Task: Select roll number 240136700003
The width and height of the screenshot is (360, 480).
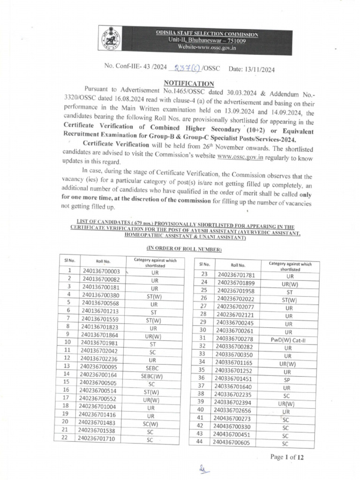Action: click(x=101, y=271)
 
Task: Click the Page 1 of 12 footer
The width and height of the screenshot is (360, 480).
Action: click(x=287, y=457)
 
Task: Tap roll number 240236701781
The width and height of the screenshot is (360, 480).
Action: click(x=236, y=275)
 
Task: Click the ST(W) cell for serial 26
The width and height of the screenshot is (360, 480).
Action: click(x=289, y=300)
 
